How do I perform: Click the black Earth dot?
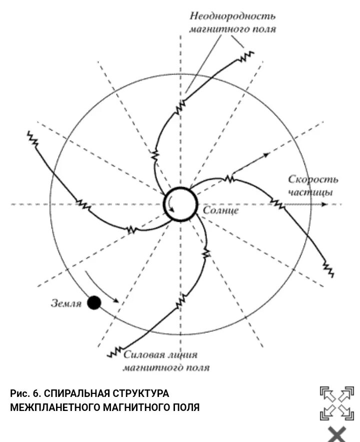tap(93, 302)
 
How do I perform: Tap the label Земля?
tap(67, 303)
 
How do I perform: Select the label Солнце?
tap(221, 210)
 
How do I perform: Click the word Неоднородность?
tap(233, 17)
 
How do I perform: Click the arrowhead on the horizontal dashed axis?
tap(325, 204)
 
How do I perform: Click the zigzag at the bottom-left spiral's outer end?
tap(115, 351)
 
